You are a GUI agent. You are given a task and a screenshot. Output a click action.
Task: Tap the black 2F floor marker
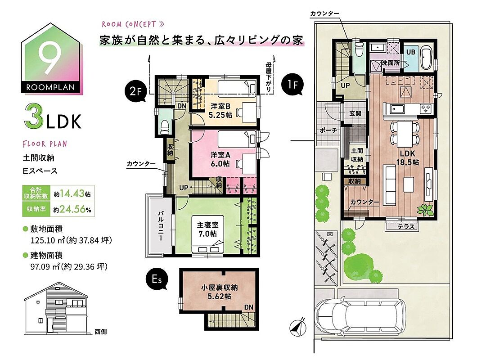tap(136, 91)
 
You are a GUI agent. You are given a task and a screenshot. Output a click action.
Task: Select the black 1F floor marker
tap(292, 84)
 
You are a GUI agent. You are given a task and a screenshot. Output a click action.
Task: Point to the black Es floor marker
tap(157, 279)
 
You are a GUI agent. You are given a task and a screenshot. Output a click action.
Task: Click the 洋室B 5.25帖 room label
tap(220, 110)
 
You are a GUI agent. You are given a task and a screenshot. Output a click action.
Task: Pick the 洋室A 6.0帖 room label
tap(220, 159)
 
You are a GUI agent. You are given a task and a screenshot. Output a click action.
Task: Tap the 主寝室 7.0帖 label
tap(207, 229)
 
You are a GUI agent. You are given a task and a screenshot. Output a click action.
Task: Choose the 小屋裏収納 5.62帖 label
tap(219, 292)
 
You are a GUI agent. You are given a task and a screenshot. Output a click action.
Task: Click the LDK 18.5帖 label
tap(407, 157)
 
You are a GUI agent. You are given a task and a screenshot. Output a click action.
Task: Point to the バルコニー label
tap(161, 225)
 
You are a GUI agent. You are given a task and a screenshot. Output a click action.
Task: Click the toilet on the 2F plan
tap(165, 127)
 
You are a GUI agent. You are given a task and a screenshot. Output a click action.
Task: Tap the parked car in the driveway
tap(361, 317)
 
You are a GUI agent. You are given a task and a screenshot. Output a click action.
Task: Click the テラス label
tap(406, 227)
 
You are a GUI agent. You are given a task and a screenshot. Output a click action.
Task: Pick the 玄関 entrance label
tap(355, 113)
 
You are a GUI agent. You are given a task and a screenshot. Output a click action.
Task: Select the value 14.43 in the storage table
tap(72, 193)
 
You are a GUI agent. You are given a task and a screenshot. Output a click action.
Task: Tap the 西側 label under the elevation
tap(100, 332)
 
